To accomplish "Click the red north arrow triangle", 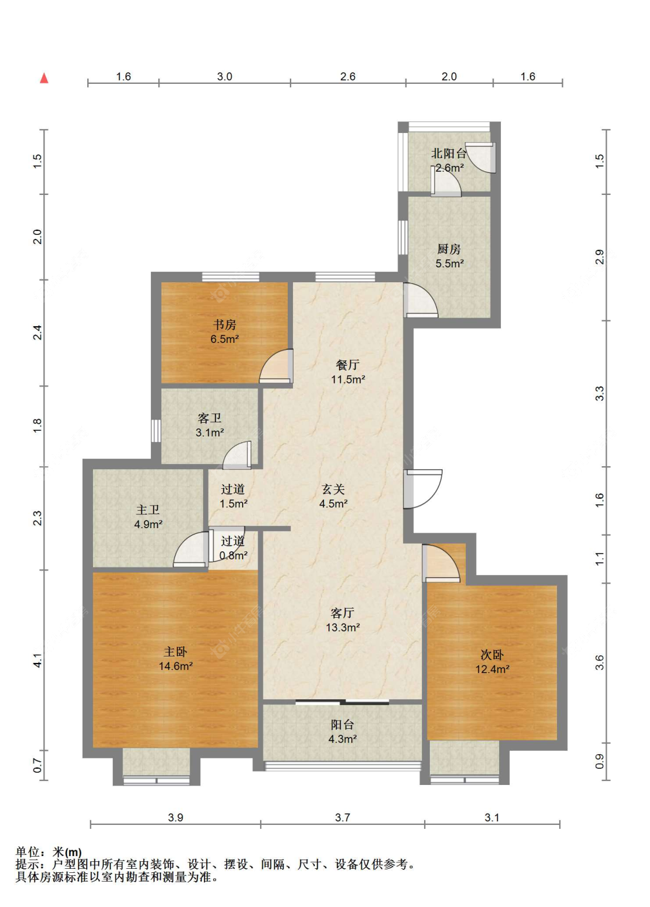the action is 44,78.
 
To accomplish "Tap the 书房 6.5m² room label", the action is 225,331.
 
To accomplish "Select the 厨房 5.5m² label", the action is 449,256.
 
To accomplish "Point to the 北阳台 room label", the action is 448,153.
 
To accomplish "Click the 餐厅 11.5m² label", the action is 348,372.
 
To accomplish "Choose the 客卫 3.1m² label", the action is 210,425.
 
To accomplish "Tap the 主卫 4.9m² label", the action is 148,517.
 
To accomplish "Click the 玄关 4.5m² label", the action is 333,496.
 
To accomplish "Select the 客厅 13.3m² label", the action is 343,620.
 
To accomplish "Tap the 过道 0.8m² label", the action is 233,548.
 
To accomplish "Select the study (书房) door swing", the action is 276,366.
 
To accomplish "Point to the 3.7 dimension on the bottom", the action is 342,817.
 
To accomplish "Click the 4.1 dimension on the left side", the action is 37,661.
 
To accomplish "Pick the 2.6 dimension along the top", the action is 347,76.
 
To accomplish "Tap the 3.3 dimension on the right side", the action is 599,393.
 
